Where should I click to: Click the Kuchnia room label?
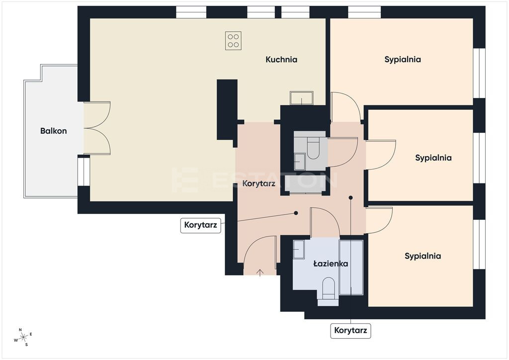coord(281,59)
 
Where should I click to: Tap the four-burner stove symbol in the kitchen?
coord(234,41)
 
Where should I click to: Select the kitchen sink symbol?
coord(302,98)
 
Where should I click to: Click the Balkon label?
coord(54,131)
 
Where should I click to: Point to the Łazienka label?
coord(331,264)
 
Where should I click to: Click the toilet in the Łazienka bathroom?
coord(329,288)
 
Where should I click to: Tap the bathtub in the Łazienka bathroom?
coord(351,268)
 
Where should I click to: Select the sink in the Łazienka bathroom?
coord(299,249)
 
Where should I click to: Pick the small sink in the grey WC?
coord(300,162)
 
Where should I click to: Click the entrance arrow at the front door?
coord(260,272)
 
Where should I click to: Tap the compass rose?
coord(23,337)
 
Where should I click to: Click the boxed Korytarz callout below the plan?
coord(350,331)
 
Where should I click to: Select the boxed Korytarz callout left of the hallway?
coord(201,225)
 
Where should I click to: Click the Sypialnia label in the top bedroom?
coord(403,59)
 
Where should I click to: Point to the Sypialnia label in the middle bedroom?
coord(433,158)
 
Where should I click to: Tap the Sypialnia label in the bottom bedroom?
coord(423,256)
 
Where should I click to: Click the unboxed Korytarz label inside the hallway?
coord(258,183)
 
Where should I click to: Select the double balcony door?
coord(97,128)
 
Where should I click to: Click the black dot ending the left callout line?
coord(296,213)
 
